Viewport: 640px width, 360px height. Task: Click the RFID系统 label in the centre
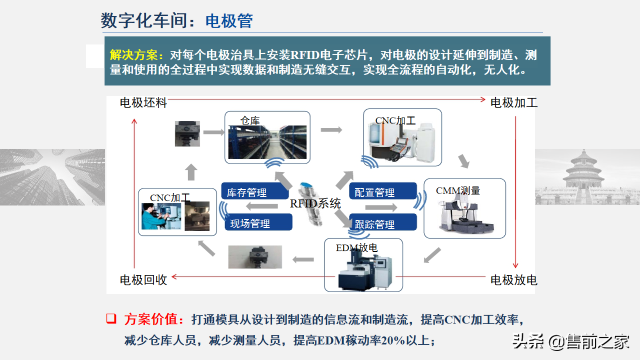tap(315, 203)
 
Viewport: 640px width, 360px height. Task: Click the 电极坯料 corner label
tap(143, 103)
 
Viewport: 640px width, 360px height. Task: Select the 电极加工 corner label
tap(513, 103)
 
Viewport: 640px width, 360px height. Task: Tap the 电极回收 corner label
tap(143, 280)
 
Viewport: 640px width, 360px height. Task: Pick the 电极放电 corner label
tap(513, 280)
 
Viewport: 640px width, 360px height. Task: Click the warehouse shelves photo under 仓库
tap(267, 142)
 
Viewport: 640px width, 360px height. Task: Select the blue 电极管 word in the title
tap(229, 21)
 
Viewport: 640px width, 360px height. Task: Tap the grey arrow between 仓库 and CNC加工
tap(331, 130)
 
